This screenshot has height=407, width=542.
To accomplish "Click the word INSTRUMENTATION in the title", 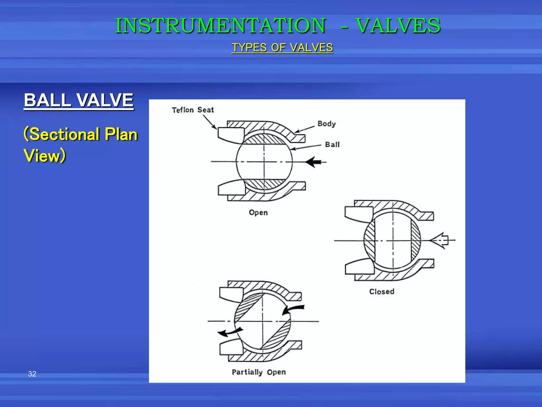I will tap(220, 26).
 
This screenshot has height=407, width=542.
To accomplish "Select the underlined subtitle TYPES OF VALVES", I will tap(282, 48).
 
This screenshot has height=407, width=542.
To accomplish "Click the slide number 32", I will tap(32, 374).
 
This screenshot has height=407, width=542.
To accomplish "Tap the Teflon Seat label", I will tap(193, 110).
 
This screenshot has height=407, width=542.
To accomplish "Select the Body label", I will tap(326, 124).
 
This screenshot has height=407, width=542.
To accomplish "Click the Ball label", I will tap(332, 145).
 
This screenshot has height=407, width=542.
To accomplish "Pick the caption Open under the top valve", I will tap(258, 213).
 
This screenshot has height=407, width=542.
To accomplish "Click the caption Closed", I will tap(382, 292).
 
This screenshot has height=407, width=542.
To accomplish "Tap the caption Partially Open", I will tap(259, 372).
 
